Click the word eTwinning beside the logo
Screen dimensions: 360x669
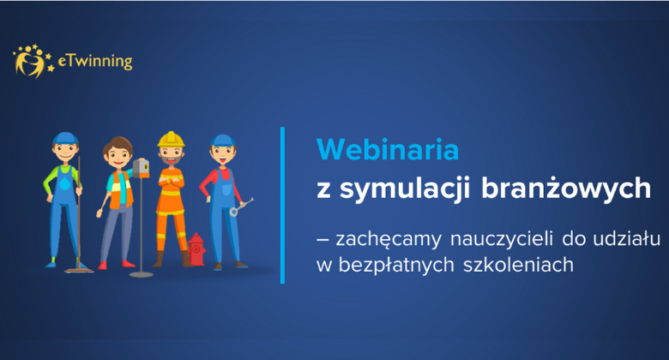(x=94, y=62)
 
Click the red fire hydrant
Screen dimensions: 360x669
(x=196, y=249)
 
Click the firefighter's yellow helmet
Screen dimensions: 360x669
(x=170, y=140)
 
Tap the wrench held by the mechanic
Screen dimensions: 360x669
(x=239, y=206)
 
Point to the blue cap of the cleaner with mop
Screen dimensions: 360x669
(x=65, y=139)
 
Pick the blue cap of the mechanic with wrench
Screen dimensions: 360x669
(x=222, y=140)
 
